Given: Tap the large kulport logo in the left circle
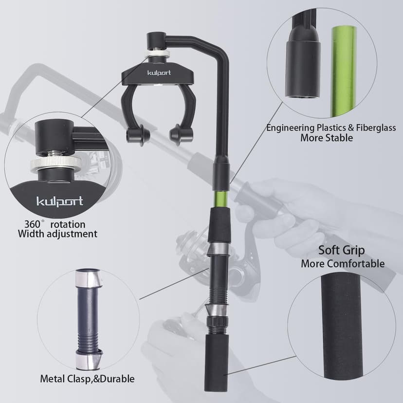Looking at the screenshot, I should (x=60, y=201).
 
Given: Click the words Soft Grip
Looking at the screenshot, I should (x=342, y=251).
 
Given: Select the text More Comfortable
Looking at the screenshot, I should (x=342, y=264).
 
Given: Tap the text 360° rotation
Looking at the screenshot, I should (x=55, y=224).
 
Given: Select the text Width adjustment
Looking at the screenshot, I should (x=57, y=234).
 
